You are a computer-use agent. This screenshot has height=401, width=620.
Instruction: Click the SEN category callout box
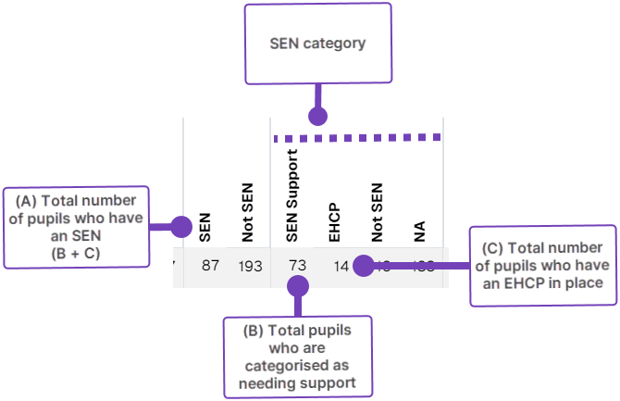click(317, 43)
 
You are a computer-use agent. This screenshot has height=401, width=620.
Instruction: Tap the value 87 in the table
click(210, 266)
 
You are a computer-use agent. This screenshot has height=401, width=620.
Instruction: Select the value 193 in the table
click(248, 266)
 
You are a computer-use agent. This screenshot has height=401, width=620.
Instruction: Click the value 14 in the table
click(341, 266)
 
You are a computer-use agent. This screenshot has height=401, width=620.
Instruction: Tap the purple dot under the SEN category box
click(317, 117)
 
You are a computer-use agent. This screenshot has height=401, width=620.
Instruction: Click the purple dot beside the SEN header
click(182, 226)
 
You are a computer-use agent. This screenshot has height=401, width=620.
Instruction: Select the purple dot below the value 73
click(297, 287)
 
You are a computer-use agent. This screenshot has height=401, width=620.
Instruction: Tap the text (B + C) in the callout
click(75, 253)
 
